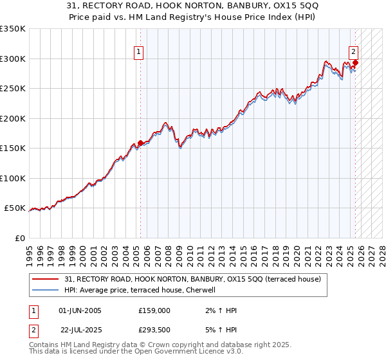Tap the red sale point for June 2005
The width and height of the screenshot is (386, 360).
(x=140, y=143)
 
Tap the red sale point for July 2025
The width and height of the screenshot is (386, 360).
(x=355, y=62)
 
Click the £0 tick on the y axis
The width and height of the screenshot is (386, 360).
(x=19, y=238)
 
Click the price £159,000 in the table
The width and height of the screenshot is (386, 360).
(x=154, y=310)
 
